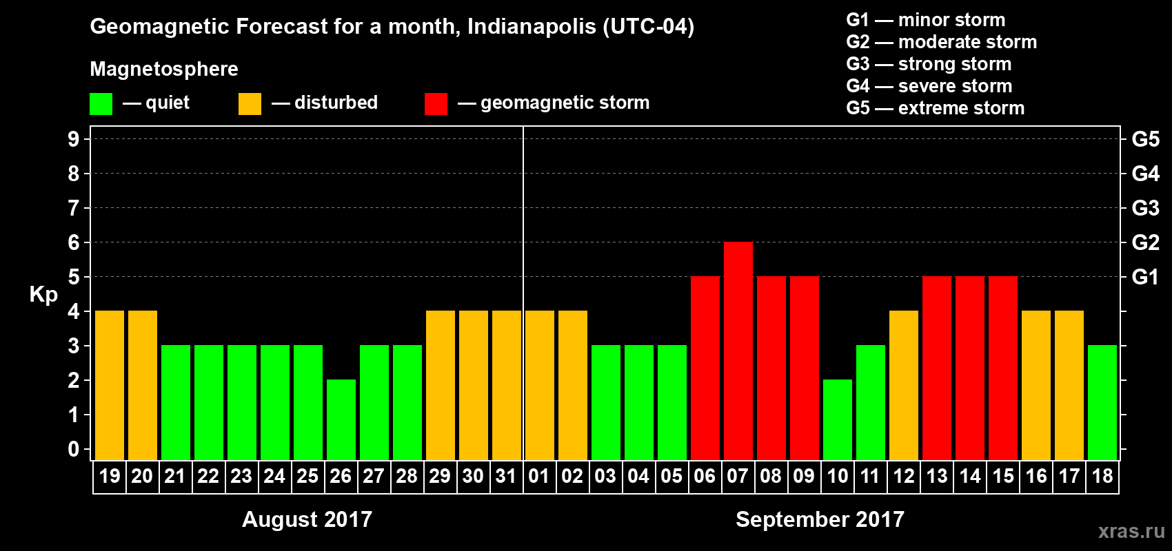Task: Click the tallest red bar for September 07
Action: (x=738, y=351)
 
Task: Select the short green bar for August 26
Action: (x=341, y=419)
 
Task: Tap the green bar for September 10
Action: (x=837, y=419)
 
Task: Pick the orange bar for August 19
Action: (x=109, y=385)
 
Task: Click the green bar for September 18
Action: (x=1102, y=402)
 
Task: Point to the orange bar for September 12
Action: (x=903, y=385)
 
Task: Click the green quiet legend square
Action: (x=101, y=104)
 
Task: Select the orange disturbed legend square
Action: (x=250, y=104)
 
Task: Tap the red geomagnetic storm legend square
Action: (x=436, y=104)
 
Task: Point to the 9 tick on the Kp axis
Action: (x=74, y=139)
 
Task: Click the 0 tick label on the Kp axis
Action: (x=74, y=450)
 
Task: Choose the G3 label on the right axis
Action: (x=1145, y=208)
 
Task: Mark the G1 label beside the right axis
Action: (x=1145, y=277)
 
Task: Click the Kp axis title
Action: (x=43, y=294)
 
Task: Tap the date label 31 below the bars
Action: (x=506, y=476)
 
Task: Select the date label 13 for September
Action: (x=936, y=476)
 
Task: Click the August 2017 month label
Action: (x=307, y=519)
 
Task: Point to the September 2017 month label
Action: (x=820, y=519)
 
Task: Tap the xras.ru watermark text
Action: (x=1131, y=531)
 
